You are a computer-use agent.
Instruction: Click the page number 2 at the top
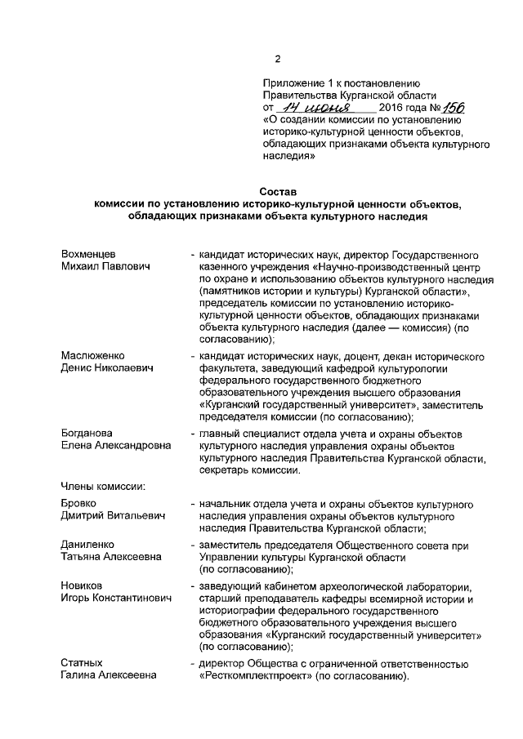(277, 59)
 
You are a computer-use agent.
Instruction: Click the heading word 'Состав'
(277, 192)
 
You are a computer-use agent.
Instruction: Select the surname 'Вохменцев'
(88, 255)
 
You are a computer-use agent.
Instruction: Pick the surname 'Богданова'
(87, 433)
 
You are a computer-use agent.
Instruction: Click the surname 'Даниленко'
(87, 544)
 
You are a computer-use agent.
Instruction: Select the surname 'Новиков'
(82, 585)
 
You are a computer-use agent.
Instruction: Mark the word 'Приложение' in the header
(293, 82)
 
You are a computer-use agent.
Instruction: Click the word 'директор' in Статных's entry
(222, 662)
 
